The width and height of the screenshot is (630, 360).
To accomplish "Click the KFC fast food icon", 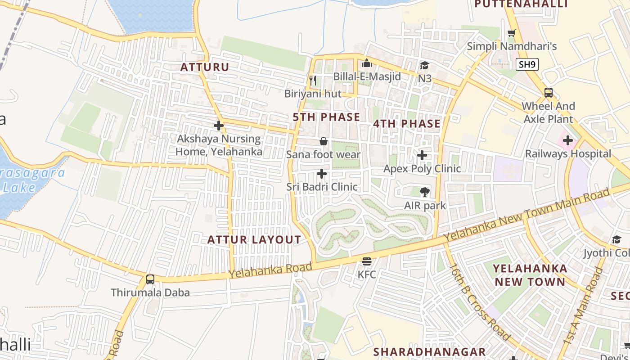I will point(367,261).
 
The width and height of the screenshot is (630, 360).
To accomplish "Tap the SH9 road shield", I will point(527,64).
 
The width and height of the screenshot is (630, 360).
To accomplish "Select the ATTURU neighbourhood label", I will point(205,67).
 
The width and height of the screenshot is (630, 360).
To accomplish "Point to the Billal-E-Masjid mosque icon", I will point(367,63).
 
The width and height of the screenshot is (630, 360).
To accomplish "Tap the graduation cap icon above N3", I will point(424,66).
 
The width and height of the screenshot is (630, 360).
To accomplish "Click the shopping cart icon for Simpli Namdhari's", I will point(512,33).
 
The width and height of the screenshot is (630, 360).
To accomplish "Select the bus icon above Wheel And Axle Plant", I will point(548,93).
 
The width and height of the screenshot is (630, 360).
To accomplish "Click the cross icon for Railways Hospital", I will point(568,140).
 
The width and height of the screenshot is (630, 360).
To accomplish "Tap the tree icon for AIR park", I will point(424,193).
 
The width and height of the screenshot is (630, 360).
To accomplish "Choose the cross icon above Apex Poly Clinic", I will point(422,155).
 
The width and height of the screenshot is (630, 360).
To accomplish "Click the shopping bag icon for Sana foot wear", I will point(323,142).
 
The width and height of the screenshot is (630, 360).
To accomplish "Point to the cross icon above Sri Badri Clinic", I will point(322,173).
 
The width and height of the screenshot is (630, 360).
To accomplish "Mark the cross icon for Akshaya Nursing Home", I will point(219,125).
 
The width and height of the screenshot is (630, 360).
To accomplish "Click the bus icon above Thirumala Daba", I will point(150,279).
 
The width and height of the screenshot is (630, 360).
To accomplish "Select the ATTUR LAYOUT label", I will point(254,240).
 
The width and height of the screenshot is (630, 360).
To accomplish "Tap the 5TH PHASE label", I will point(326,117).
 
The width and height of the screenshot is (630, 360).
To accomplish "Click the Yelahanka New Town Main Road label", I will point(526,214).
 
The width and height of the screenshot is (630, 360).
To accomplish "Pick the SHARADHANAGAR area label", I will point(430,351).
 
